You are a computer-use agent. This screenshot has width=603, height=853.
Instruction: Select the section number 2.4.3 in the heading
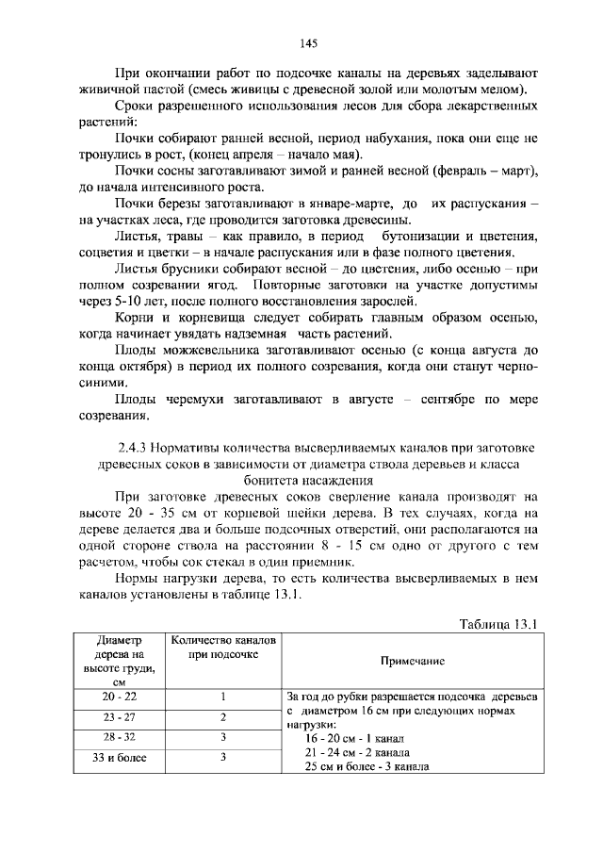pyautogui.click(x=133, y=447)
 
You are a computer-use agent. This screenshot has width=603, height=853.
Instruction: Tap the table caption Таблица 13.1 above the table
pyautogui.click(x=497, y=624)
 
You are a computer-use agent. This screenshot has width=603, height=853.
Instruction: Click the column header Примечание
pyautogui.click(x=412, y=662)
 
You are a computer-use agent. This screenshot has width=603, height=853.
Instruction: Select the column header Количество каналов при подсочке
pyautogui.click(x=222, y=648)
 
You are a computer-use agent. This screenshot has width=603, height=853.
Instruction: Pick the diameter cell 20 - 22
pyautogui.click(x=119, y=697)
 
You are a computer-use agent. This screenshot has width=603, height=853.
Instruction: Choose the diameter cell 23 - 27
pyautogui.click(x=119, y=716)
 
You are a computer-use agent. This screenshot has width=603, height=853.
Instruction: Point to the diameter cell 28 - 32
pyautogui.click(x=119, y=736)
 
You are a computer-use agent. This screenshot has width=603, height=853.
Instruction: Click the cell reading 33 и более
pyautogui.click(x=119, y=756)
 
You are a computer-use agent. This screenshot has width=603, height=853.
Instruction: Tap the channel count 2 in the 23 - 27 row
pyautogui.click(x=223, y=716)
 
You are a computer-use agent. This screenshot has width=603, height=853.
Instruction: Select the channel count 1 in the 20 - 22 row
pyautogui.click(x=223, y=697)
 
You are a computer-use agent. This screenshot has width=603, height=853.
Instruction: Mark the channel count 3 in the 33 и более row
pyautogui.click(x=223, y=756)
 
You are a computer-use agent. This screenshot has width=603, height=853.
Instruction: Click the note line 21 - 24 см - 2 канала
pyautogui.click(x=357, y=753)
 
